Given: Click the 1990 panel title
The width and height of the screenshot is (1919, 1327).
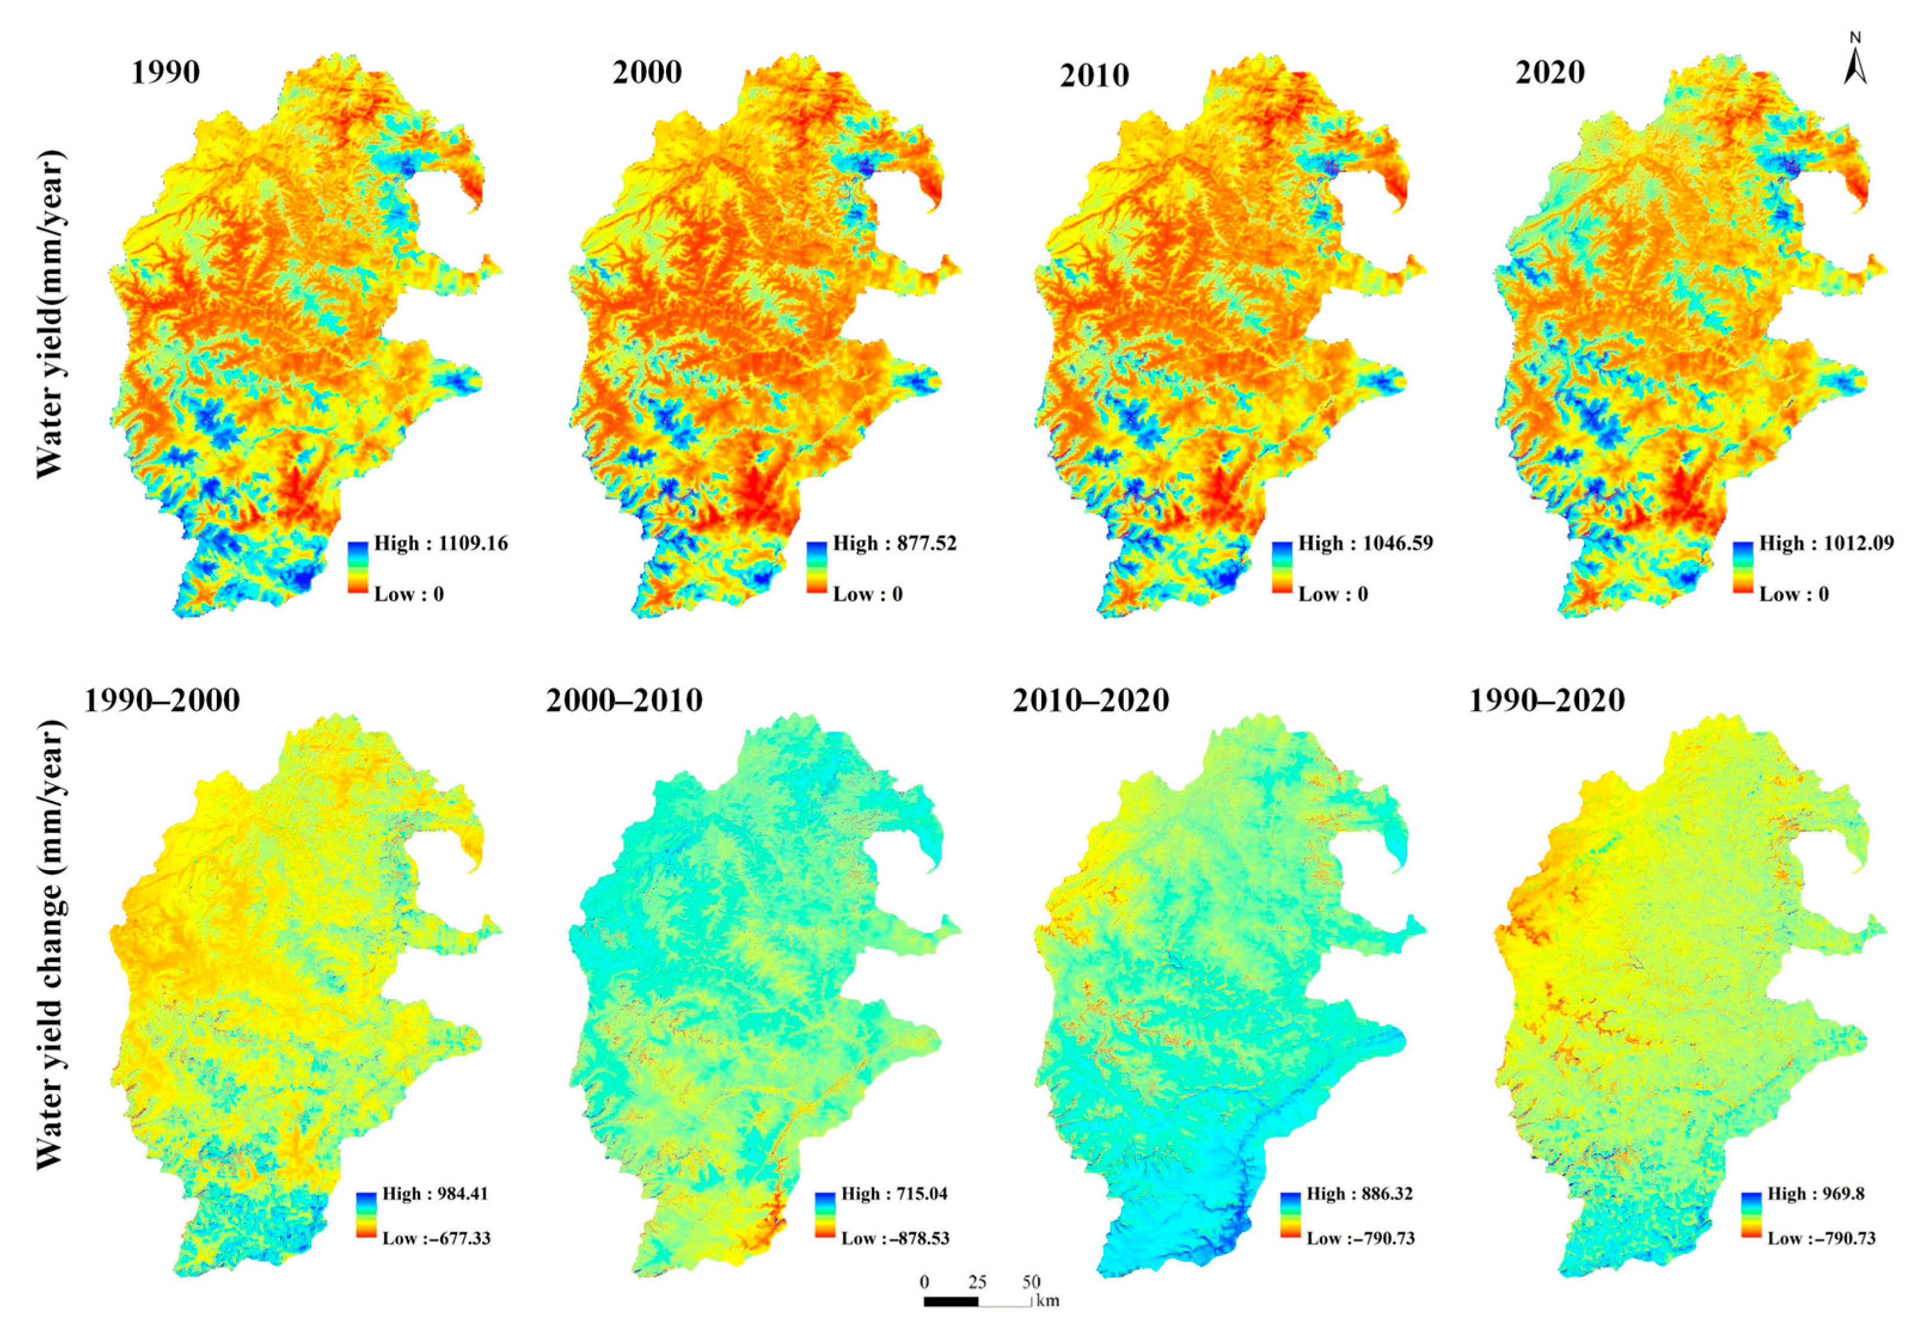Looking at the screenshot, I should click(x=165, y=73).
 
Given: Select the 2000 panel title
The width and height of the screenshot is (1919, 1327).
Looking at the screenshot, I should click(x=646, y=73).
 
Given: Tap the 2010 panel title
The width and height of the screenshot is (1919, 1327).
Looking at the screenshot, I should click(x=1094, y=76).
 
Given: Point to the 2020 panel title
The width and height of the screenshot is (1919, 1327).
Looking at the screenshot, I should click(x=1550, y=73).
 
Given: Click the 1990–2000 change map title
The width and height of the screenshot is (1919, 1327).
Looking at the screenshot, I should click(x=161, y=701).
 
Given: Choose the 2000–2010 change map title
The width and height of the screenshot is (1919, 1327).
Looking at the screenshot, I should click(x=624, y=701).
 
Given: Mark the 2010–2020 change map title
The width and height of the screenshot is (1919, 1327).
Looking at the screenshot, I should click(x=1090, y=701).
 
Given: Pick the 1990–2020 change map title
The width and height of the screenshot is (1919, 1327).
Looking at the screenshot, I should click(x=1546, y=701).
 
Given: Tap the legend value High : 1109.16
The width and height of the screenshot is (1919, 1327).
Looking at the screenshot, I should click(x=440, y=544).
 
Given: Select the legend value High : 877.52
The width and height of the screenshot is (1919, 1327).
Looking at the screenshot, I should click(x=894, y=544).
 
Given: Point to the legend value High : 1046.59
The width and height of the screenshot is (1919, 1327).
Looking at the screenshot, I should click(x=1365, y=544).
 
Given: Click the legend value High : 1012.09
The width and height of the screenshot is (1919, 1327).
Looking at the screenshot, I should click(x=1826, y=544).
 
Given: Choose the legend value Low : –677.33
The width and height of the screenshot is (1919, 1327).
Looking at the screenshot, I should click(x=436, y=1238).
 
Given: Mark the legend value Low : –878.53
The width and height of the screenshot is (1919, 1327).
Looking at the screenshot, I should click(x=895, y=1238).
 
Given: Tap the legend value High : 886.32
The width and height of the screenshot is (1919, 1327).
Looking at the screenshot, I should click(x=1359, y=1194).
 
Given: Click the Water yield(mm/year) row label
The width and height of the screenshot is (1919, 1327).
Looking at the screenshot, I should click(x=50, y=314).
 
